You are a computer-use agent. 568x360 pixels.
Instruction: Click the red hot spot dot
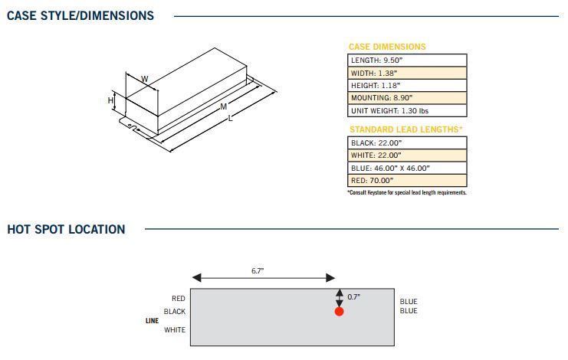339,311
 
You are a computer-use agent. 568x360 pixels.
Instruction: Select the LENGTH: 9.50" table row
407,61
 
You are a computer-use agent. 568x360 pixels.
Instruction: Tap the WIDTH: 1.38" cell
407,73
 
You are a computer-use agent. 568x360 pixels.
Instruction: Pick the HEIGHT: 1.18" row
407,85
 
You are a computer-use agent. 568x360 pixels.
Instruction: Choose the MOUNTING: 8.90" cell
407,98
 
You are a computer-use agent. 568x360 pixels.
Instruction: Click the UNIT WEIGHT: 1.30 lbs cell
407,111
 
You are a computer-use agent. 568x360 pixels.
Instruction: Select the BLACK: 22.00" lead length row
407,143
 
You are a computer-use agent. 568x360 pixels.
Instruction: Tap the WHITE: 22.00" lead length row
407,155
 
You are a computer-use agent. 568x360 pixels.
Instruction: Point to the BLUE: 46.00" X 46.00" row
407,169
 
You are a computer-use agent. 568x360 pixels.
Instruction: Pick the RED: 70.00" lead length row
407,181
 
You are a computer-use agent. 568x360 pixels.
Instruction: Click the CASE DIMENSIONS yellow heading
387,47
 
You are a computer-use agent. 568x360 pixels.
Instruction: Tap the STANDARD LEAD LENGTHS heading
406,129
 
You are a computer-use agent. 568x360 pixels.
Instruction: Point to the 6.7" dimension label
258,270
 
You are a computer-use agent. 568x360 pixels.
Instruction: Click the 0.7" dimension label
353,297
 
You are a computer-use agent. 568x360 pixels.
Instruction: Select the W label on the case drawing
145,79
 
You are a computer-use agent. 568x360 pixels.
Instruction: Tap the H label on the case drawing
110,100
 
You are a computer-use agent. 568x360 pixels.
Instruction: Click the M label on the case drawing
224,106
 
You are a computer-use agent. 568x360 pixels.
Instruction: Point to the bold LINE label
152,321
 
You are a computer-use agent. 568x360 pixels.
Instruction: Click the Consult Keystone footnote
407,192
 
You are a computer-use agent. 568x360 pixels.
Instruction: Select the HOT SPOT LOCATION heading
66,229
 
